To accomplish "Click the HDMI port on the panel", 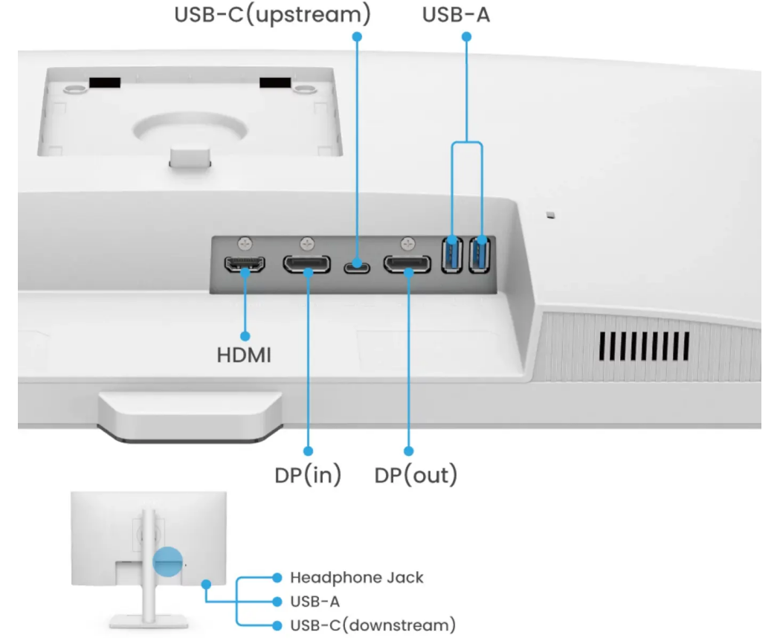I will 246,264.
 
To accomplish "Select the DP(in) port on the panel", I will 306,263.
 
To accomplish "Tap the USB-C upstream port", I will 357,265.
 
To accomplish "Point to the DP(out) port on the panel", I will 407,264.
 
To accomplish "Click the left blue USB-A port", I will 452,255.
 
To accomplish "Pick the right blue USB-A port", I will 481,255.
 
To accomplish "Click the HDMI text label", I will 244,355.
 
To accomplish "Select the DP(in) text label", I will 308,474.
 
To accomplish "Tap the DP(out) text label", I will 416,474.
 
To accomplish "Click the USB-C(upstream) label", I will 272,13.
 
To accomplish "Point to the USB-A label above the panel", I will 457,13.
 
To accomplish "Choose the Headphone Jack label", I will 357,577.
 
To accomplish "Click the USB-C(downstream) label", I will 373,624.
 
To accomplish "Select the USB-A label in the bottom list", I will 315,600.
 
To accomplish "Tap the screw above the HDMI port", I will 246,242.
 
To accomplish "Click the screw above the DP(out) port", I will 407,242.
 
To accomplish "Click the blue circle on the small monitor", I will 167,562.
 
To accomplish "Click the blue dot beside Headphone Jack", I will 277,577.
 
